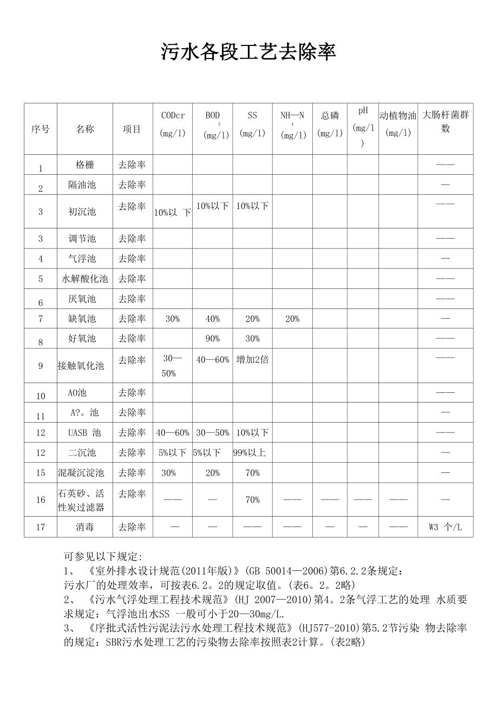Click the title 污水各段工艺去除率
(248, 52)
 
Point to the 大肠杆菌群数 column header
(445, 122)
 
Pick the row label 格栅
(85, 165)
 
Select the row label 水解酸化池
(85, 279)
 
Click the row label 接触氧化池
(81, 366)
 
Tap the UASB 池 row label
(85, 432)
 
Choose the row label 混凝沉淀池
(81, 472)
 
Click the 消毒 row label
(85, 527)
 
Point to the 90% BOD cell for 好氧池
(213, 339)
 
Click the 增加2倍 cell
(252, 360)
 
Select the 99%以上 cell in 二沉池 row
(250, 452)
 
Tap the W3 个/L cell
(445, 527)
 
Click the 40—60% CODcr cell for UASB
(173, 432)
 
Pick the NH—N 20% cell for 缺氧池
(292, 319)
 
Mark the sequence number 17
(41, 527)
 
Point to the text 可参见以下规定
(103, 556)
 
